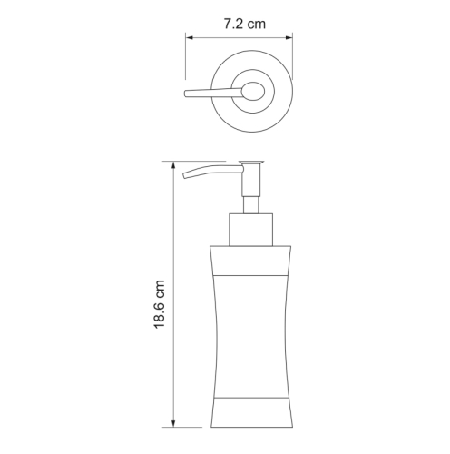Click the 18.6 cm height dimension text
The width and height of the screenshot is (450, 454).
point(160,294)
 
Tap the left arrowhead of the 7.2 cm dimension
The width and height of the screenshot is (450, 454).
point(191,37)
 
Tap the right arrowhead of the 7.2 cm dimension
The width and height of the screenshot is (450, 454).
point(289,37)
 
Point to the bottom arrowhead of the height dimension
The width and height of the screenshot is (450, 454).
point(173,423)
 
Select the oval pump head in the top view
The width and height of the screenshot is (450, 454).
point(253,91)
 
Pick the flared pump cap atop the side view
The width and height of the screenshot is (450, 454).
point(251,164)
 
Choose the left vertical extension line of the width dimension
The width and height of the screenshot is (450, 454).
point(186,59)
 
